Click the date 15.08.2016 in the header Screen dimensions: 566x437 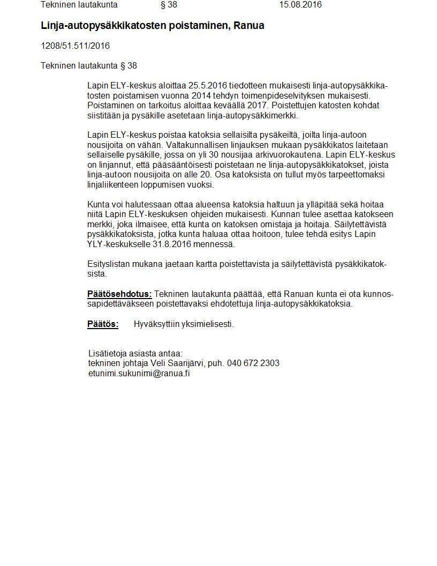point(300,5)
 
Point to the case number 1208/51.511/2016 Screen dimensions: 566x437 point(75,46)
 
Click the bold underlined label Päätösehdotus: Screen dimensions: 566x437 point(119,294)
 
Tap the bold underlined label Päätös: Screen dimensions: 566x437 point(103,324)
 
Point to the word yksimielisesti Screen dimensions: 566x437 point(207,324)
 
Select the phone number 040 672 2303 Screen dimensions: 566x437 point(253,363)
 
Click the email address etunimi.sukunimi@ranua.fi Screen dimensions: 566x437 point(139,374)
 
